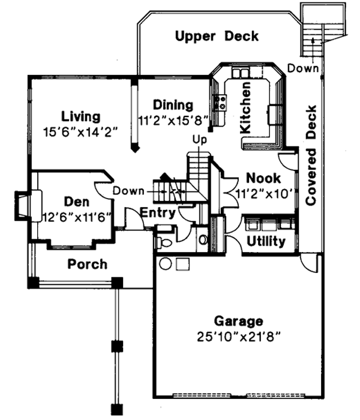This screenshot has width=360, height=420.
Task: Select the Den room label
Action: tap(77, 203)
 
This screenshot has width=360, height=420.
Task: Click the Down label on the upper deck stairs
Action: tap(303, 68)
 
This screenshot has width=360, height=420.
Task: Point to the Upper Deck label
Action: tap(217, 37)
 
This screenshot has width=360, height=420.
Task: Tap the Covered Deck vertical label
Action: tap(311, 156)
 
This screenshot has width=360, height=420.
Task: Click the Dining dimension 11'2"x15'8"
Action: tap(173, 119)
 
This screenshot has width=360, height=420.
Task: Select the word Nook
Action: tap(260, 178)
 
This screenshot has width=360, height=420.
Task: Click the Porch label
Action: tap(87, 264)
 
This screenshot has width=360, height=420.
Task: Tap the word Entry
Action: tap(158, 212)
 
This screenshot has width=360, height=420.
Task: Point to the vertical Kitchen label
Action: tap(245, 108)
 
